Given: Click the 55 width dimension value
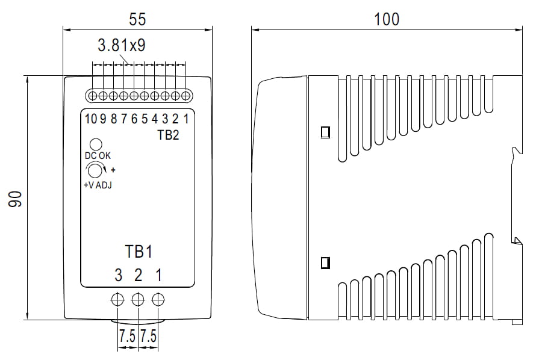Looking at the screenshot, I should (137, 19).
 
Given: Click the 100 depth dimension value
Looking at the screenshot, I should (386, 19).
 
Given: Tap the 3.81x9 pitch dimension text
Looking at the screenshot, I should (121, 46).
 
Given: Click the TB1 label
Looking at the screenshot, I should (138, 250).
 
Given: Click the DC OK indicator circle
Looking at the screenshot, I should (95, 144).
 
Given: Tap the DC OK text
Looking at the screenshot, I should (98, 156).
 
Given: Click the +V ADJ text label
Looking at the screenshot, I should (98, 185).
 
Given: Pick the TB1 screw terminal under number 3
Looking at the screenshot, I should (118, 299).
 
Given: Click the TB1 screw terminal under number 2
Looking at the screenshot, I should (138, 299).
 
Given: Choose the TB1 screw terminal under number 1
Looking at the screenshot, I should (158, 299).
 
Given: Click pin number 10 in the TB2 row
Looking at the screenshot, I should (90, 119).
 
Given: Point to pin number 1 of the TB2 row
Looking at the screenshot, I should (187, 119).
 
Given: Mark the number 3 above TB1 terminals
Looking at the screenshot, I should (118, 276).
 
